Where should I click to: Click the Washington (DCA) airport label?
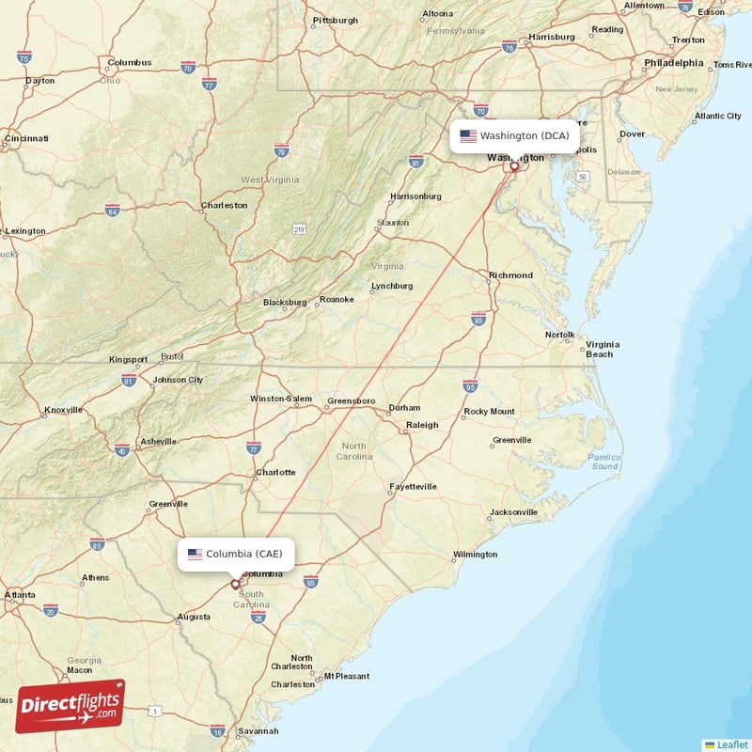tap(524, 135)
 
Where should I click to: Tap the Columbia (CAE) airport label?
tap(243, 554)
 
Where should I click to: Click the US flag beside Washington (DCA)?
tap(467, 135)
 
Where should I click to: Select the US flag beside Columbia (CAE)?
tap(195, 554)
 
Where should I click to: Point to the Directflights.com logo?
tap(70, 706)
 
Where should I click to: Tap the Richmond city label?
tap(510, 275)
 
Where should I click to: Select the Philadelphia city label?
tap(673, 63)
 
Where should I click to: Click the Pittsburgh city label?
tap(335, 20)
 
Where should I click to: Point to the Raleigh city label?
tap(421, 425)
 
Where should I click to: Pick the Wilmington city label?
tap(475, 555)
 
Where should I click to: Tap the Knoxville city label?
tap(63, 410)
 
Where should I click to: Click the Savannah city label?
tap(258, 730)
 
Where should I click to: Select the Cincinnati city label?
tap(26, 138)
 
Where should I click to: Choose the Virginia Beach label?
tap(600, 349)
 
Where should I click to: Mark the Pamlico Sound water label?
tap(604, 462)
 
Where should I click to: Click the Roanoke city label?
tap(337, 300)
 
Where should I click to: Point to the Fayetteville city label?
tap(414, 486)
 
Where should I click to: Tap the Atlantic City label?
tap(717, 116)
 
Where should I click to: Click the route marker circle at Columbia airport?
tap(235, 584)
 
